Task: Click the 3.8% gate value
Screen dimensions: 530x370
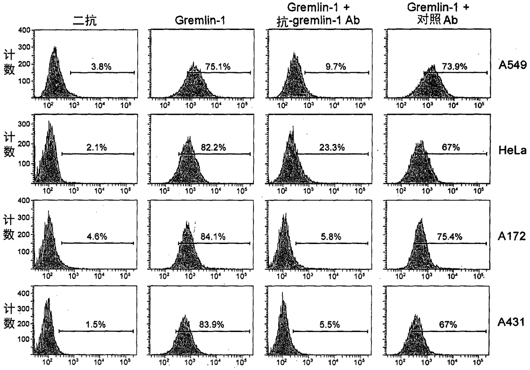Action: [x=101, y=67]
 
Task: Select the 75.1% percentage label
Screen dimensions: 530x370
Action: [x=218, y=67]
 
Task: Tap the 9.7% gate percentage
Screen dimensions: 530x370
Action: [x=336, y=67]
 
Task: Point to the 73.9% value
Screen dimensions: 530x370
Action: [x=455, y=67]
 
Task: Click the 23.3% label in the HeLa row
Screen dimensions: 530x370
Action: [x=332, y=148]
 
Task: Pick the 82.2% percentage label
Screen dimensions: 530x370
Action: [x=213, y=148]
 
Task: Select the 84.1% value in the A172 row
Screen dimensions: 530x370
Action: [x=213, y=237]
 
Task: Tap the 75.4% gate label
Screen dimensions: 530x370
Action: [x=450, y=237]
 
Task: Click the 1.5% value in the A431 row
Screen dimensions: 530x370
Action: [x=96, y=325]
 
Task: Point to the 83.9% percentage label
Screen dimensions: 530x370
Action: [x=212, y=325]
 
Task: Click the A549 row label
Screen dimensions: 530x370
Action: [x=512, y=65]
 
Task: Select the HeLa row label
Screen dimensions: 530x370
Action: [x=512, y=150]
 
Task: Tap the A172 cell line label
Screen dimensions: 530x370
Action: [x=512, y=236]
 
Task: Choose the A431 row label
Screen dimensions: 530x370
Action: [x=511, y=322]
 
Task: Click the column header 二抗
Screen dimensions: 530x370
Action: [x=85, y=21]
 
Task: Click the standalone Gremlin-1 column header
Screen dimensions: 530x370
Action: [x=200, y=21]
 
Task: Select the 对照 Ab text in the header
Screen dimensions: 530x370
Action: [x=437, y=20]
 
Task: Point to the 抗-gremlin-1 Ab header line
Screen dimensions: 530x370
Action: [x=318, y=21]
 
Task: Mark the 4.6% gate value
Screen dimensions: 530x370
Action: [x=97, y=237]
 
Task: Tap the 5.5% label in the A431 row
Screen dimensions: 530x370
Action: [x=330, y=325]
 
